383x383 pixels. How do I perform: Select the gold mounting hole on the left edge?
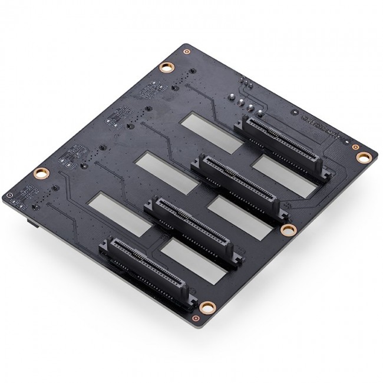[x=41, y=173]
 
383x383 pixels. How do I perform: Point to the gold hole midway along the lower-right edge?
[x=288, y=229]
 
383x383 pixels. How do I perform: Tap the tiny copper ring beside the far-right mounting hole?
[x=355, y=145]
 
